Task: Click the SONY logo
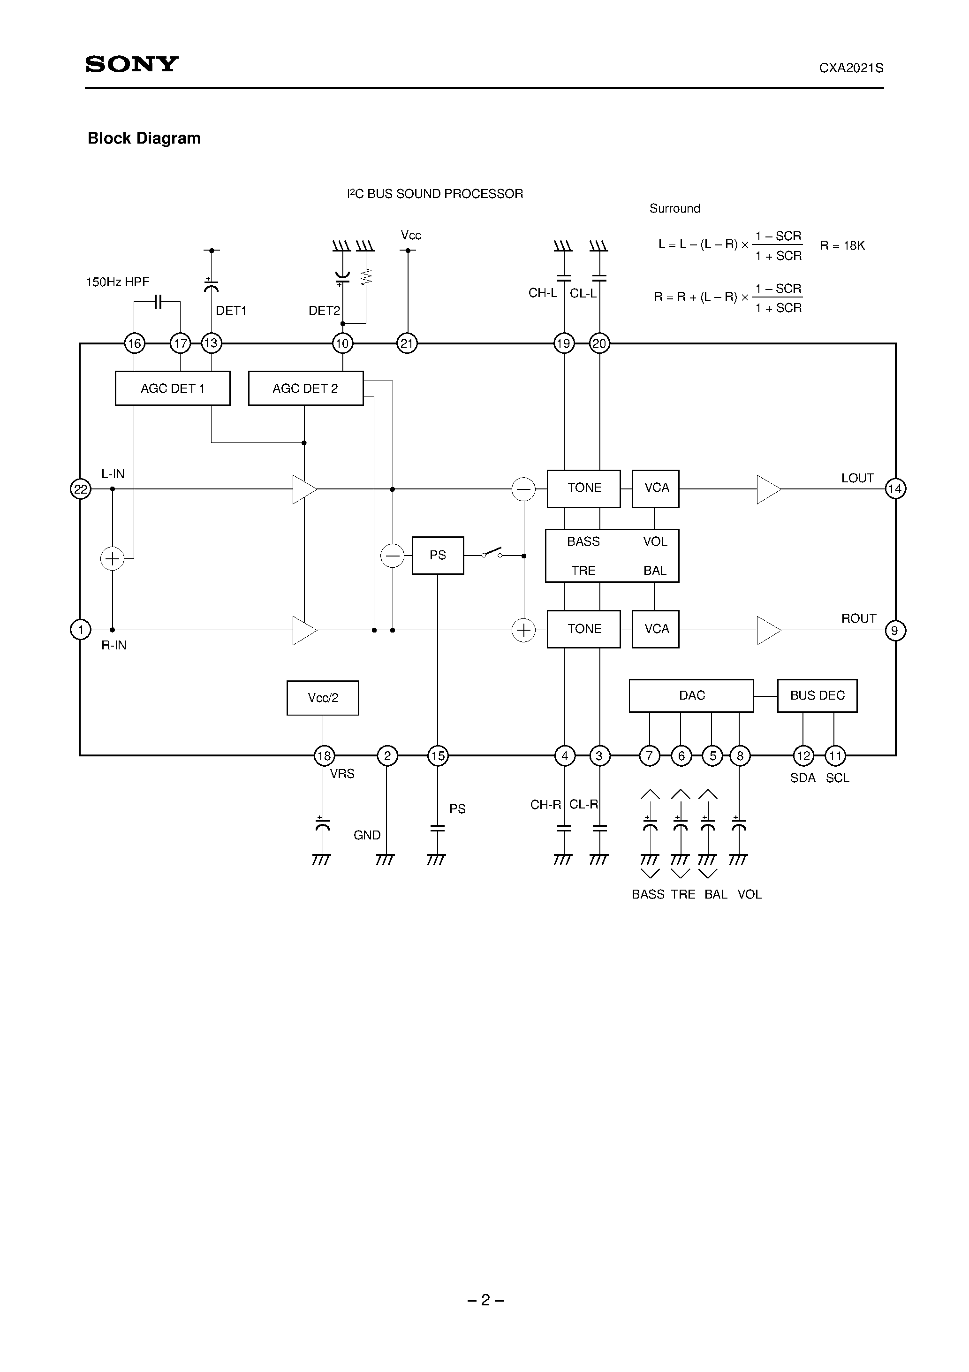[132, 64]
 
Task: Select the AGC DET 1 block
[172, 389]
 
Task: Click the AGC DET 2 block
[305, 389]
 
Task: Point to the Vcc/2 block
[323, 697]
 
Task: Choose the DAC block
[691, 695]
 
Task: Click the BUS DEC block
[817, 695]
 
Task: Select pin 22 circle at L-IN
[81, 489]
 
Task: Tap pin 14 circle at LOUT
[894, 489]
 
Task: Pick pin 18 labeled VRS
[324, 756]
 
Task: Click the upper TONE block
[583, 488]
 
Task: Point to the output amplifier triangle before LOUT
[768, 489]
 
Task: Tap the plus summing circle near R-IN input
[112, 559]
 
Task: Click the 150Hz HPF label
[118, 282]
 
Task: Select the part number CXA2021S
[851, 68]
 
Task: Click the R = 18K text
[842, 245]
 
